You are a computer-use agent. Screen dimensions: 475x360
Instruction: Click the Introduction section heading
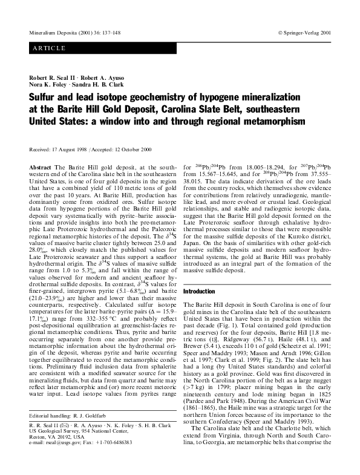point(198,291)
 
